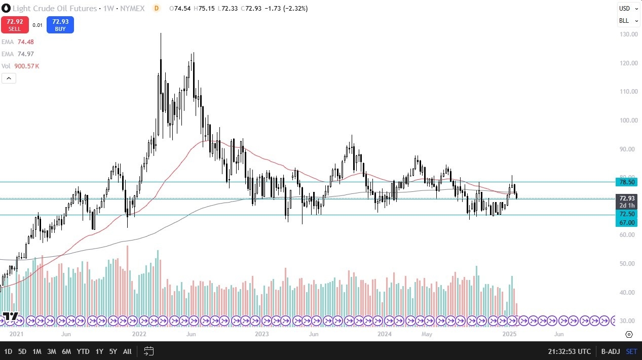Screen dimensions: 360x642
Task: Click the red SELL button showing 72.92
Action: (x=15, y=25)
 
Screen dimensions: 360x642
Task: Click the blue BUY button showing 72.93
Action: (x=60, y=25)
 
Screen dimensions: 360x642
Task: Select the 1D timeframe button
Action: (x=8, y=351)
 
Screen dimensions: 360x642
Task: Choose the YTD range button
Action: (x=83, y=351)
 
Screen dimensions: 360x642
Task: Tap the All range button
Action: (x=127, y=351)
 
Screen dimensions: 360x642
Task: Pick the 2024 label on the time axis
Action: (x=385, y=334)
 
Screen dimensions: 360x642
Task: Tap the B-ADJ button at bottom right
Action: (x=611, y=351)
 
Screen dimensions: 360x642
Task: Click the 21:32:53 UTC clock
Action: (x=570, y=351)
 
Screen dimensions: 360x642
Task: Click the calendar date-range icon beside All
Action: (x=148, y=351)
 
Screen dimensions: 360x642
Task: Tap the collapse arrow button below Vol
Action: (x=9, y=78)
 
